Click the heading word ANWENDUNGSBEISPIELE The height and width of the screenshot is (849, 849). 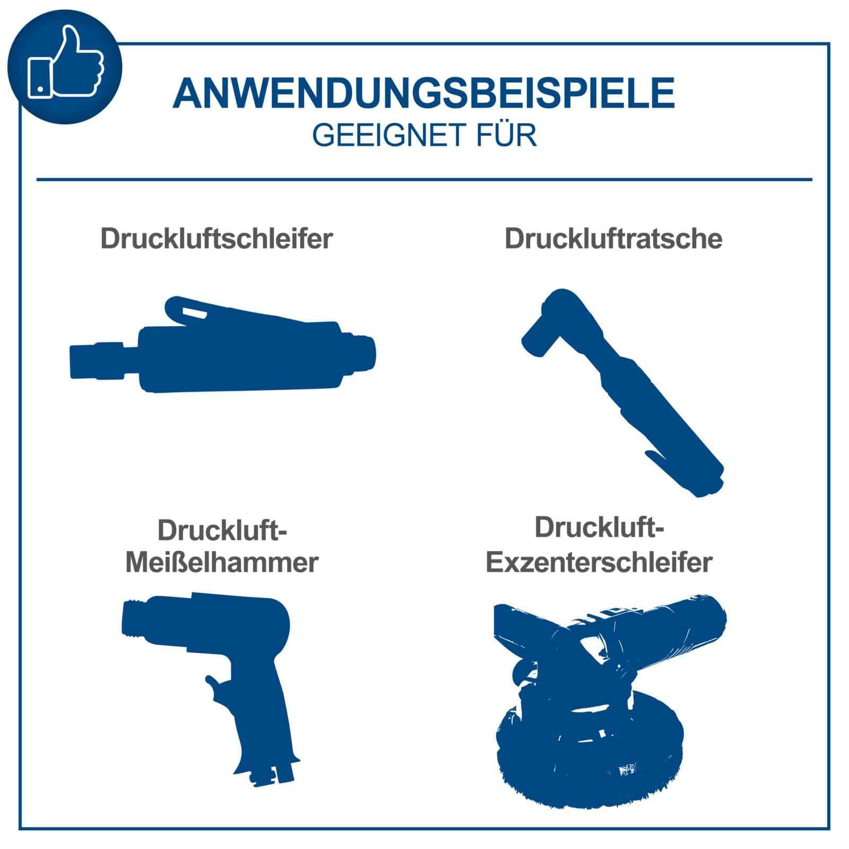point(423,94)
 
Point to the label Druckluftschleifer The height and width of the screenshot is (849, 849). point(216,239)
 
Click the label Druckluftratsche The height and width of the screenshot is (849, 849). point(613,239)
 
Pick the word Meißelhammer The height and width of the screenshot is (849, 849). point(222,562)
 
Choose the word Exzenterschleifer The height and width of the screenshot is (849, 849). point(599,562)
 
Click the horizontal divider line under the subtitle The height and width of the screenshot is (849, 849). point(424,179)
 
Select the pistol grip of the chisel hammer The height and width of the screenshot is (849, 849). point(260,722)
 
